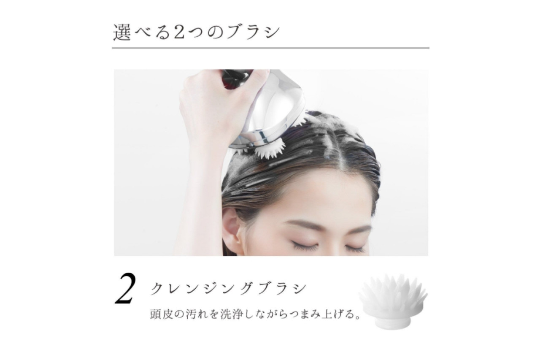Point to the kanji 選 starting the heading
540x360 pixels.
[x=122, y=32]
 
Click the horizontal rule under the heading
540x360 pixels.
[x=270, y=48]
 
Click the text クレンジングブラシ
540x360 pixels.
[x=228, y=288]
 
